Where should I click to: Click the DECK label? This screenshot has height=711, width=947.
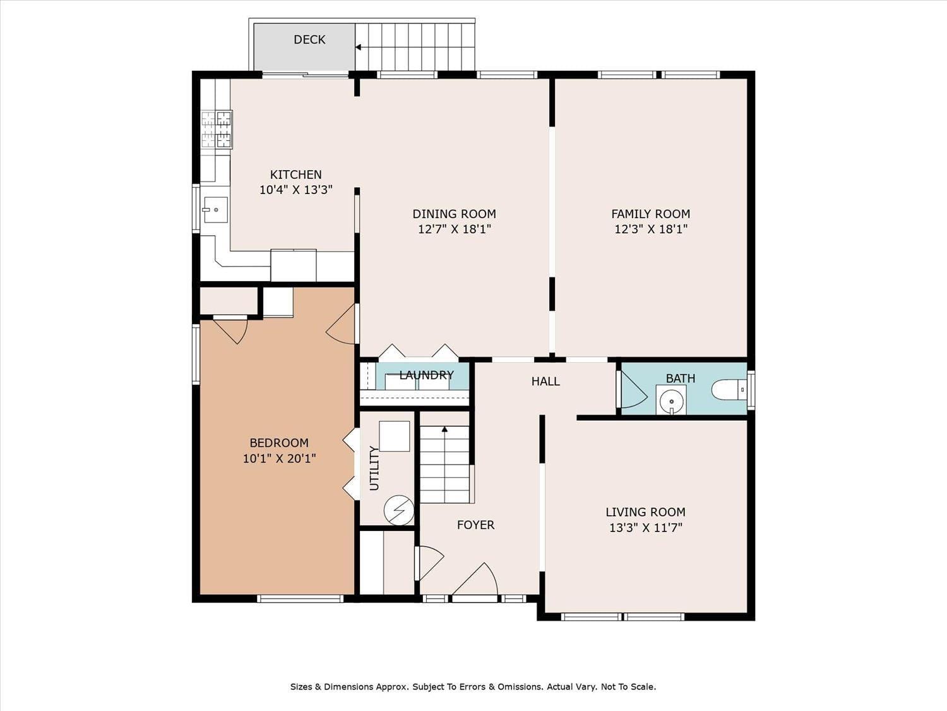309,40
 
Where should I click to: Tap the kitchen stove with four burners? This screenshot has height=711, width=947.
217,130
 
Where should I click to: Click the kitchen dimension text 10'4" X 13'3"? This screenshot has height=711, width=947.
295,190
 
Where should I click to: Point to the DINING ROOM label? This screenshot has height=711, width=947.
454,214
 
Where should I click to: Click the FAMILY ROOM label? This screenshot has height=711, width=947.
650,214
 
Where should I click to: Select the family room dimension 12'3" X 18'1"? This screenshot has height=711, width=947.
650,229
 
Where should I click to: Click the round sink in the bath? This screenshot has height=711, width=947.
671,401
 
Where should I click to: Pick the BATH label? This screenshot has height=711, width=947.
680,379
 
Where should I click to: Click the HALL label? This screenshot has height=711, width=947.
545,381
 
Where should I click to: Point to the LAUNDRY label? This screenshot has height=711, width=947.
426,375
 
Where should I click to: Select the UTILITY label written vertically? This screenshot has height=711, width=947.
374,468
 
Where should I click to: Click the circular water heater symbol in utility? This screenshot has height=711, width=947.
399,510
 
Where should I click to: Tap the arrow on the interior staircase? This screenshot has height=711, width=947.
444,430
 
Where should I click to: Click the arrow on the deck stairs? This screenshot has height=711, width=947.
359,47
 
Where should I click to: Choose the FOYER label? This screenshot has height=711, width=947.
475,525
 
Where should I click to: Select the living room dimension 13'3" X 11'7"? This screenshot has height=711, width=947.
645,528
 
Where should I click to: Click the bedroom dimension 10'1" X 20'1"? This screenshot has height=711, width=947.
279,458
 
